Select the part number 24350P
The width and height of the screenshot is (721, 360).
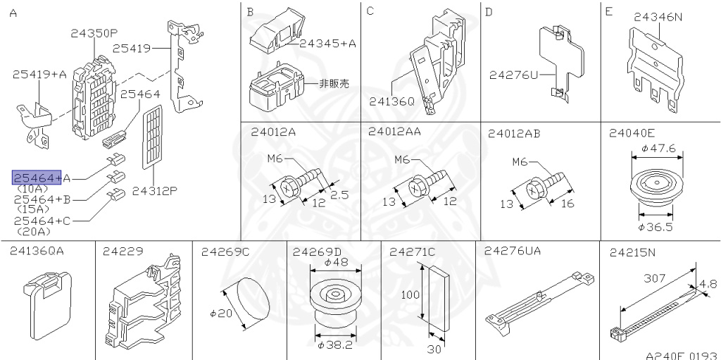tap(94, 32)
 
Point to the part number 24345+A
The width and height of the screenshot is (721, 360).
tap(327, 44)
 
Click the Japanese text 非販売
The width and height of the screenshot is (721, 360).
tap(334, 83)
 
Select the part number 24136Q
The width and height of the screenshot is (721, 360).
tap(392, 101)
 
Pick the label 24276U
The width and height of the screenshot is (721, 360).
tap(513, 74)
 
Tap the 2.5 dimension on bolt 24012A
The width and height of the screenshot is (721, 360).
tap(339, 195)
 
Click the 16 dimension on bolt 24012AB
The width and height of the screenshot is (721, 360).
tap(568, 204)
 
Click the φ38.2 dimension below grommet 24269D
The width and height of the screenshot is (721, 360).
tap(334, 345)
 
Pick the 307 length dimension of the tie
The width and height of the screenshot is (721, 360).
tap(656, 278)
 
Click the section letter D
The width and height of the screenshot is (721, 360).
tap(489, 12)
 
